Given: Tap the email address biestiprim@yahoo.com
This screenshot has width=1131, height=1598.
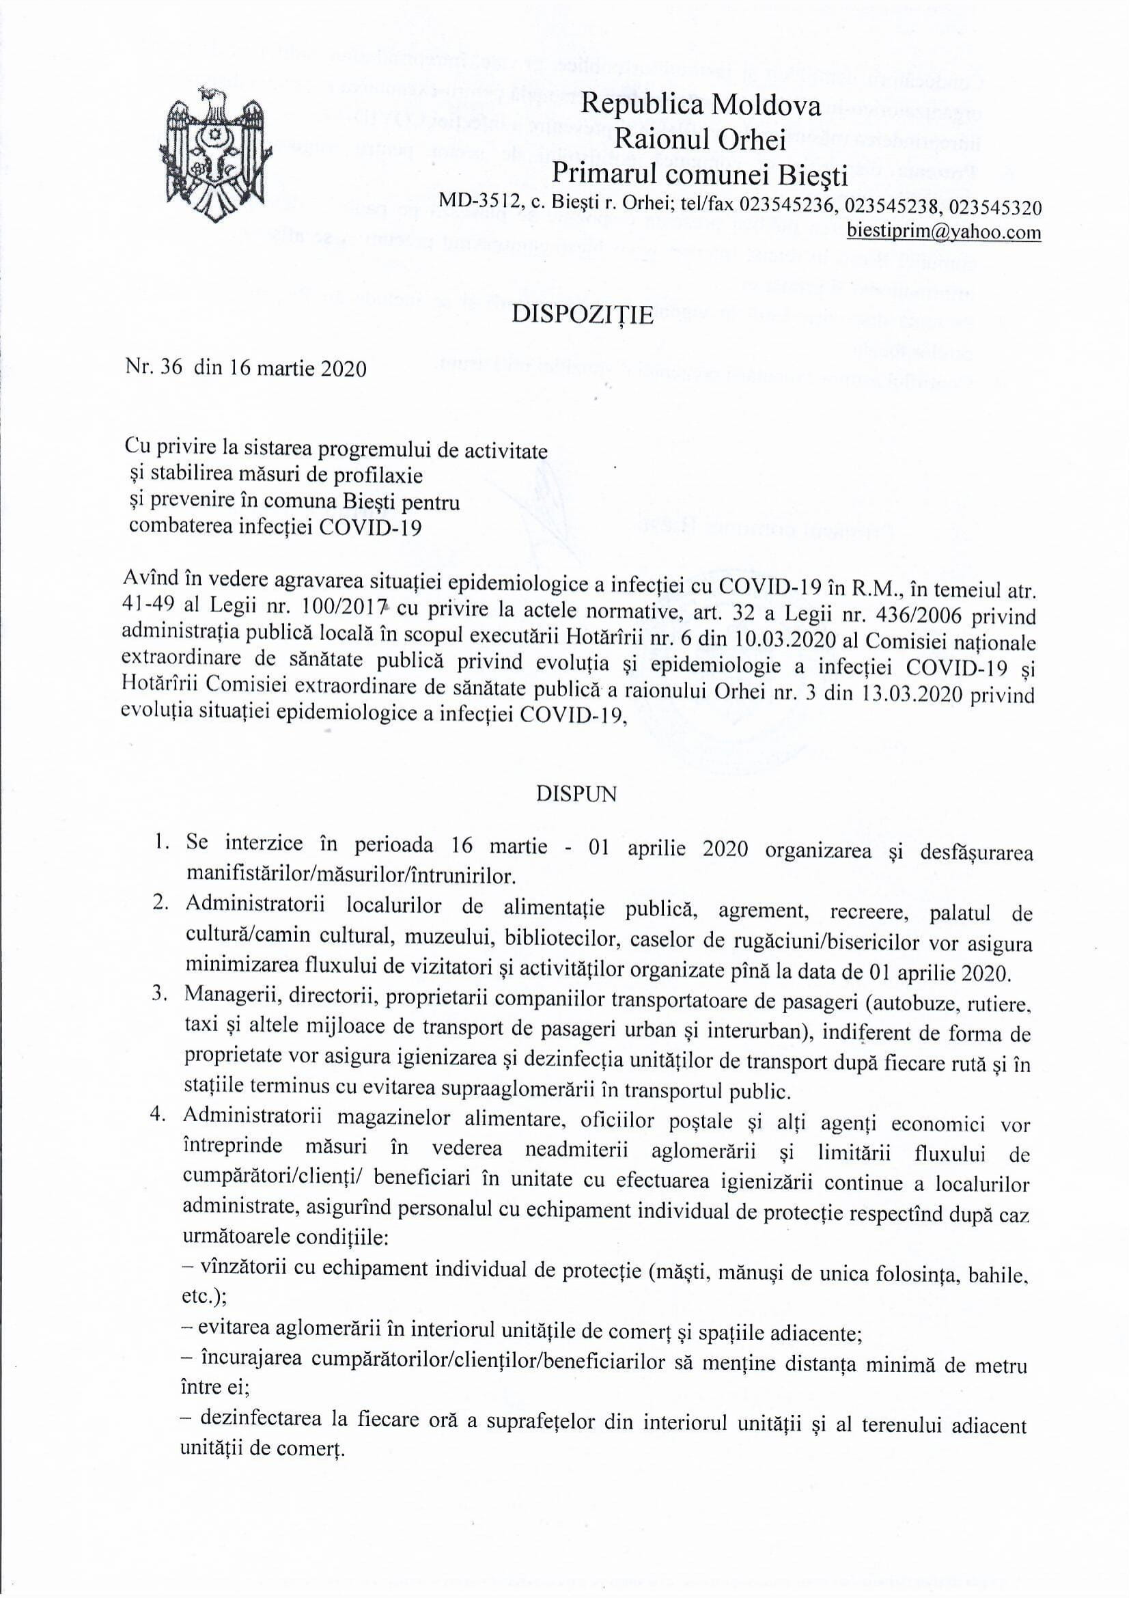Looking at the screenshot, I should [x=944, y=232].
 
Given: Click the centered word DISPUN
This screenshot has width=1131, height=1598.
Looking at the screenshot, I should [x=576, y=795].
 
